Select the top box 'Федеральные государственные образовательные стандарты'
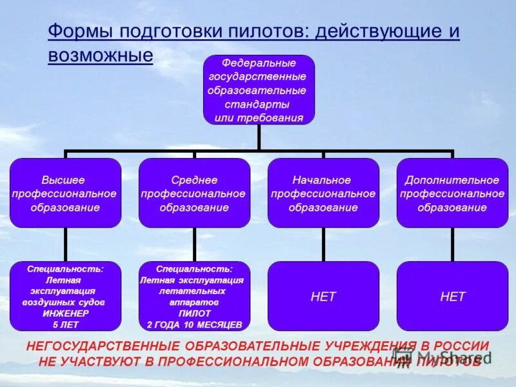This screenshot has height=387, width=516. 259,90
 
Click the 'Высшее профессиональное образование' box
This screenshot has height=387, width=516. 65,193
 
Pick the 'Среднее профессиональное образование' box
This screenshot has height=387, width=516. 194,193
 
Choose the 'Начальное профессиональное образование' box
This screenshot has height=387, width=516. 323,193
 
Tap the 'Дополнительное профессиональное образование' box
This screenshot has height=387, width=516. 452,193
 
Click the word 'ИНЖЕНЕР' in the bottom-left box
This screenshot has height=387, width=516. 65,313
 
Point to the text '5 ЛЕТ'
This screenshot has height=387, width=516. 65,324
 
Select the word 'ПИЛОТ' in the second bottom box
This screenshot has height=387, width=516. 194,313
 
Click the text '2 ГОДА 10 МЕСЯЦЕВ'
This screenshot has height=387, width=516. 194,324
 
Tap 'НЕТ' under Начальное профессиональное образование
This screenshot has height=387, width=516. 323,297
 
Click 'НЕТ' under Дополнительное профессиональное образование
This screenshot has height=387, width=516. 452,297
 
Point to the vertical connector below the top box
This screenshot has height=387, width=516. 259,137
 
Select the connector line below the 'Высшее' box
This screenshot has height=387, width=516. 65,244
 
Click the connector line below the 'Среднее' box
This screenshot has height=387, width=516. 194,244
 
